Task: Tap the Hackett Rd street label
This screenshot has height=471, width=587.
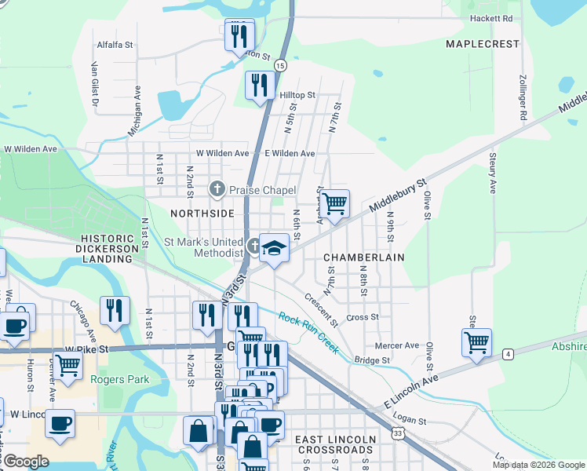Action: click(x=490, y=18)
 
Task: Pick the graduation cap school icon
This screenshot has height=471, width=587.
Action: click(x=273, y=248)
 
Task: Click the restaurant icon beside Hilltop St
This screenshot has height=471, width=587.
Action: click(x=260, y=85)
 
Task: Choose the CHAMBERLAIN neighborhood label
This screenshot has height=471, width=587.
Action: click(x=363, y=257)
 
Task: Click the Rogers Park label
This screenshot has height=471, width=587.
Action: click(x=119, y=380)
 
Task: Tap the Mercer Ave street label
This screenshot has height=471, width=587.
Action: click(x=397, y=345)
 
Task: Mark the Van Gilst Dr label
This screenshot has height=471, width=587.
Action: click(x=95, y=84)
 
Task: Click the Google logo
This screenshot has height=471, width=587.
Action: click(x=25, y=462)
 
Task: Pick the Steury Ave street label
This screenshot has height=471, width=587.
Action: click(x=493, y=173)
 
